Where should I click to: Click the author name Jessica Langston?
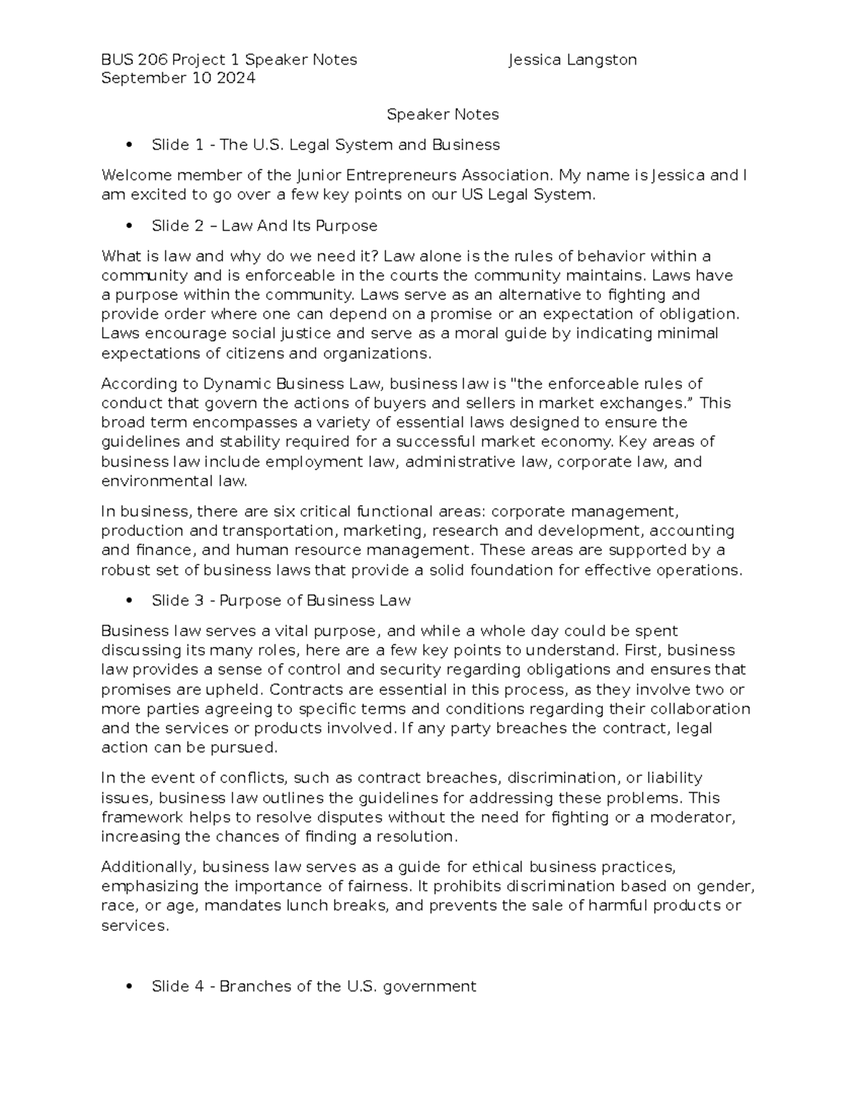572,60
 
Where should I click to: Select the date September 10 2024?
178,79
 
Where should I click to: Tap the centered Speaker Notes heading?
443,115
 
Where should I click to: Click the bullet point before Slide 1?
129,146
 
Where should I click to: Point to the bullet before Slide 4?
129,987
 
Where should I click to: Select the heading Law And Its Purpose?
299,226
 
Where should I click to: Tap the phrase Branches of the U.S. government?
347,987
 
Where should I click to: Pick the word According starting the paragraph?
133,384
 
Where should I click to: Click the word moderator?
699,818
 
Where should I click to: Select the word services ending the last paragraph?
133,926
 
